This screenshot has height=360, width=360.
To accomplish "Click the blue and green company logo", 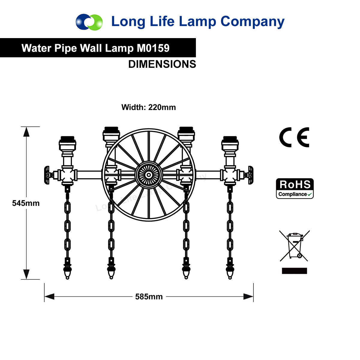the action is [89, 22].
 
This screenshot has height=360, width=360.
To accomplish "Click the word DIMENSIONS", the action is [162, 64].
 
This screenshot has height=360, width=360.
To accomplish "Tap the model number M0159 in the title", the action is [153, 48].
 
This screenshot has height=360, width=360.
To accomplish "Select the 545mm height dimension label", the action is [26, 203].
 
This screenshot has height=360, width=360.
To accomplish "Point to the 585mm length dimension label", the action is [149, 296].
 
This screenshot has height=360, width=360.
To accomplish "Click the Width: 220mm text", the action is [148, 107].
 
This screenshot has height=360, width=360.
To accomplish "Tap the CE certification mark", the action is [294, 137].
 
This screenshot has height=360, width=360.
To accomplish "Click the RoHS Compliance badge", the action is [295, 188].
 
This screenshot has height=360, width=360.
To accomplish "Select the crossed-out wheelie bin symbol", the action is [294, 246].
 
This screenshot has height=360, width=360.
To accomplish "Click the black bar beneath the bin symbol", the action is [294, 271].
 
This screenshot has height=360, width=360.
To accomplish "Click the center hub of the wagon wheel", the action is [149, 175].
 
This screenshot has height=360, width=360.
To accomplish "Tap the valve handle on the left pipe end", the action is [47, 175].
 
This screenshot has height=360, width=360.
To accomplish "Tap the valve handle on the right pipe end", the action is [250, 175].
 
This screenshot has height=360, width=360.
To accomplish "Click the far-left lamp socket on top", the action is [67, 143].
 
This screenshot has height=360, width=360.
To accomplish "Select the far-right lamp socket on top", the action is [230, 143].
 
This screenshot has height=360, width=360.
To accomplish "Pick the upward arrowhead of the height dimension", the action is [26, 132].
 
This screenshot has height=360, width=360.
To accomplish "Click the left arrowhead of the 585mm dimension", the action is [49, 296].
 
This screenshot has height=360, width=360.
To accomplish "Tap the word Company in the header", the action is [252, 22].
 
